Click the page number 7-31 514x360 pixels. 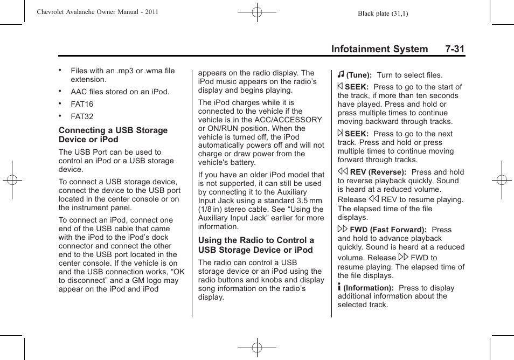click(x=455, y=49)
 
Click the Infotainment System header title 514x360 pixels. click(x=379, y=49)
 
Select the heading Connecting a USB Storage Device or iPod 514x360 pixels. click(x=113, y=135)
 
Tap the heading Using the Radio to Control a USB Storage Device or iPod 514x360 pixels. click(x=256, y=245)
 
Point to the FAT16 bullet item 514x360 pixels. click(x=82, y=104)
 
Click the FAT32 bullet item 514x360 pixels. click(x=82, y=116)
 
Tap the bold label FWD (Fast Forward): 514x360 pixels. click(x=388, y=230)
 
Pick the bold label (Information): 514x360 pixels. click(x=369, y=288)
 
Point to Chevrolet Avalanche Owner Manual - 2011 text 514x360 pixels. click(x=97, y=12)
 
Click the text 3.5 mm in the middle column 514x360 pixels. click(x=310, y=200)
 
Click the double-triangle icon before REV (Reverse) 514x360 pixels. click(x=342, y=172)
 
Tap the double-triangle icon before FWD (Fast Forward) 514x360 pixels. click(x=342, y=230)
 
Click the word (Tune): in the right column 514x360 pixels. click(x=359, y=75)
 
